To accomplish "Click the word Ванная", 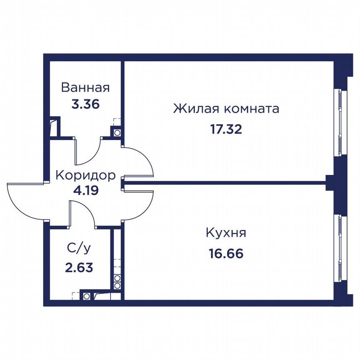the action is (x=85, y=87).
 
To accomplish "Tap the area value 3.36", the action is (x=85, y=105).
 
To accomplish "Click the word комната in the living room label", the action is (x=251, y=109).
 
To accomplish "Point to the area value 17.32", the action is (x=226, y=130).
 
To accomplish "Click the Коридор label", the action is (x=86, y=176).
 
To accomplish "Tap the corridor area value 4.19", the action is (x=86, y=190).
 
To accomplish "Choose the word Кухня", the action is (x=226, y=233).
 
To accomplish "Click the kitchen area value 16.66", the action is (x=226, y=254).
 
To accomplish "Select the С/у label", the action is (x=79, y=248).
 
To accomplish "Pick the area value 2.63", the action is (x=79, y=267).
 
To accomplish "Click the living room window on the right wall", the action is (x=340, y=122).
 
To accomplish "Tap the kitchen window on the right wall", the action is (x=340, y=247).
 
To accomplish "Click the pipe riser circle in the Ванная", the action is (x=117, y=132).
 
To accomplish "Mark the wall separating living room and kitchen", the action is (x=225, y=183).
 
